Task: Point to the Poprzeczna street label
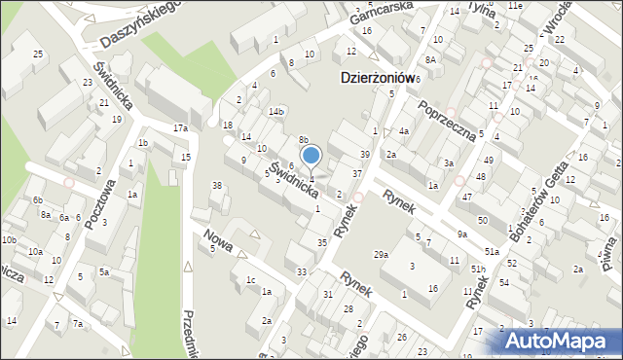(445, 120)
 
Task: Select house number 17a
(180, 128)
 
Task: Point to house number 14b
(276, 112)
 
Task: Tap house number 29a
(381, 254)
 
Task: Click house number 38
(217, 185)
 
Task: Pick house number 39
(365, 155)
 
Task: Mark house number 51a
(494, 252)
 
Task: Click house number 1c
(250, 280)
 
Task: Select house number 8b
(303, 140)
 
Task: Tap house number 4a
(403, 130)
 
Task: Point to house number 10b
(9, 239)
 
